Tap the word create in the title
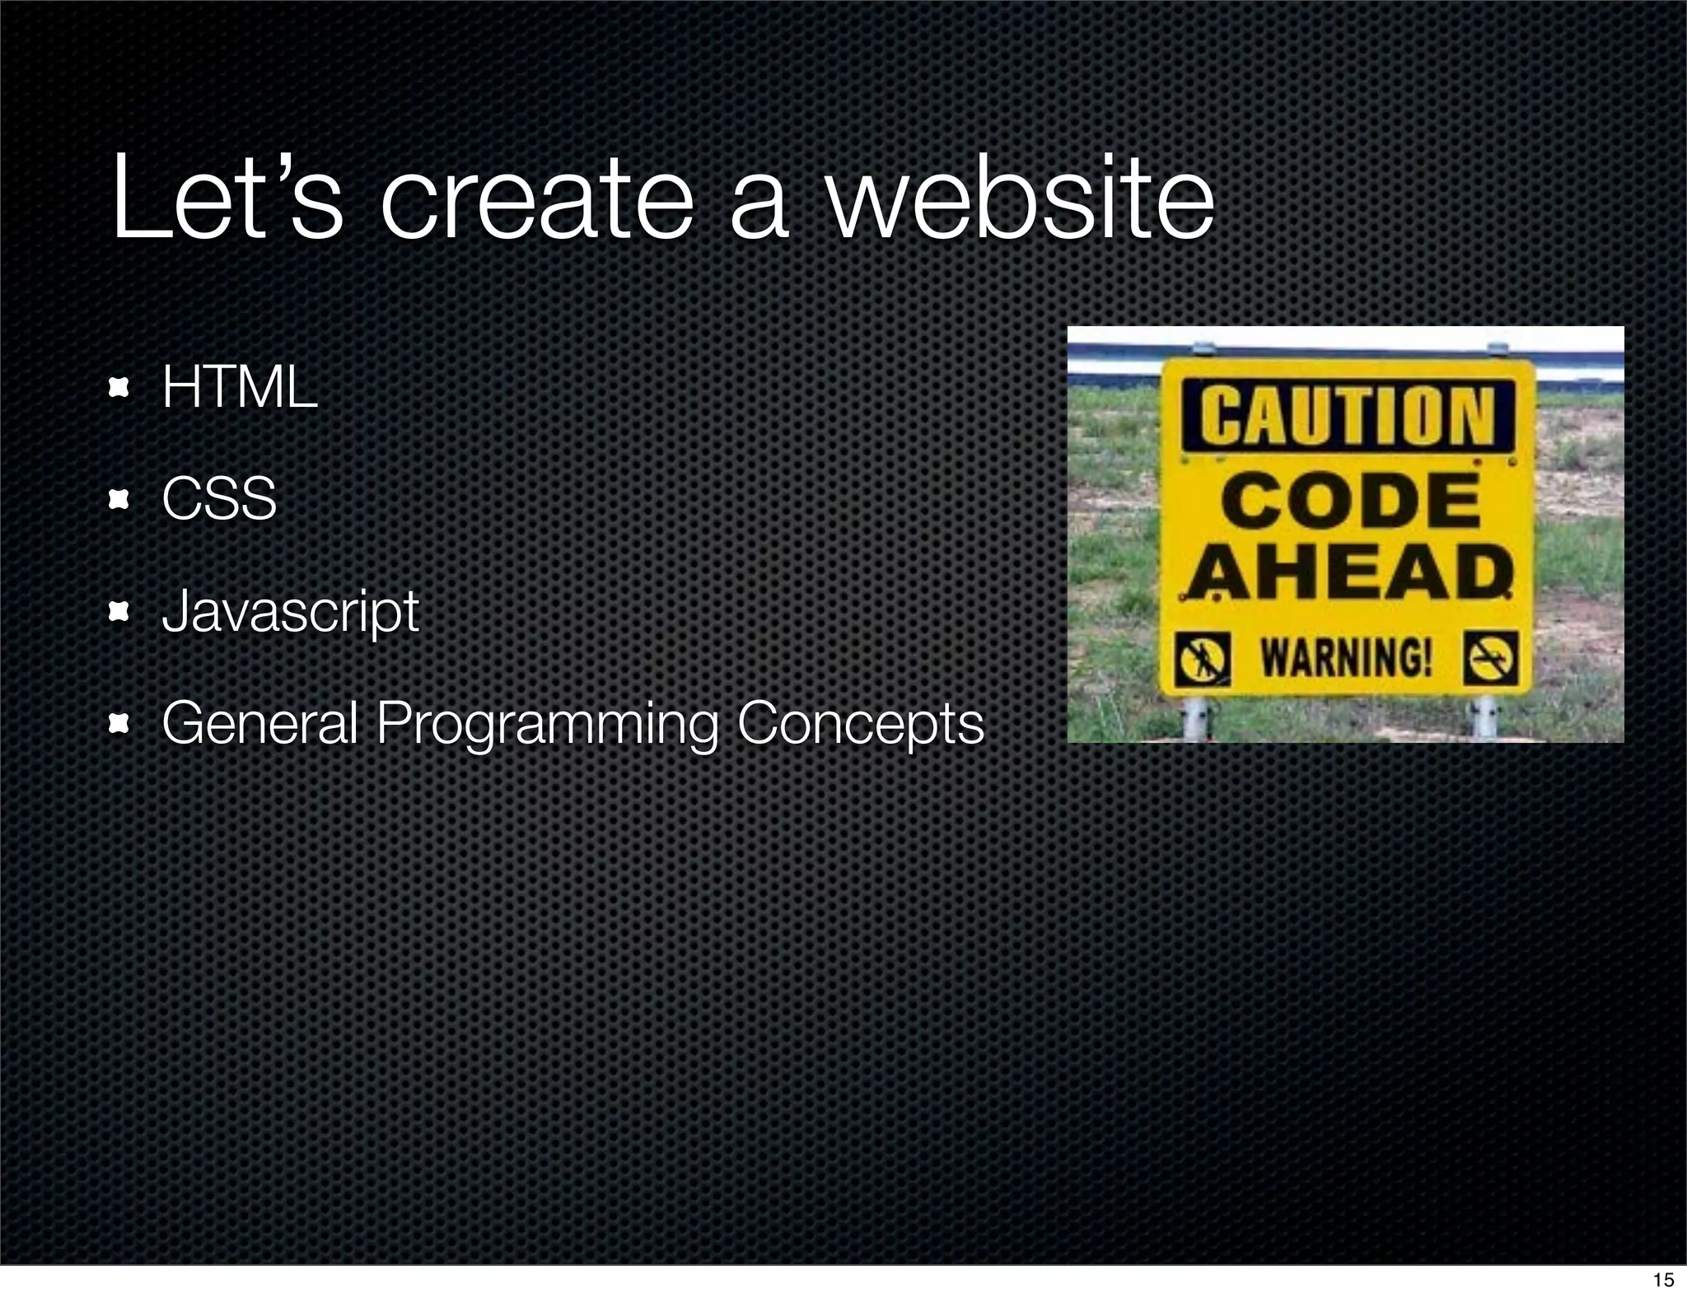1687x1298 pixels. (535, 200)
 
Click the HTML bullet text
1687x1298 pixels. (239, 386)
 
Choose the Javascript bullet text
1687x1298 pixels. (290, 611)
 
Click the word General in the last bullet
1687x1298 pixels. (259, 723)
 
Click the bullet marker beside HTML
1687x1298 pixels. (120, 387)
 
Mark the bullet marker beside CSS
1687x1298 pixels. (120, 499)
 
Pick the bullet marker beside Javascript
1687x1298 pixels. (120, 611)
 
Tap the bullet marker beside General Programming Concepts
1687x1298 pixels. (120, 723)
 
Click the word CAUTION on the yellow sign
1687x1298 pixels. (1347, 414)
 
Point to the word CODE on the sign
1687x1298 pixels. (1350, 502)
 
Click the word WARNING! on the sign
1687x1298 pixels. (1347, 656)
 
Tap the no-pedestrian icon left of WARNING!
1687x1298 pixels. (1203, 658)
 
